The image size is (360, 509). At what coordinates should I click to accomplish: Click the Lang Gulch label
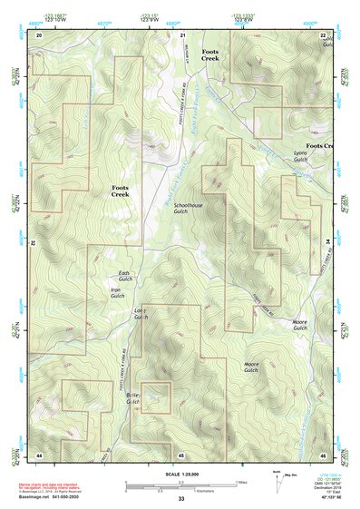pos(140,315)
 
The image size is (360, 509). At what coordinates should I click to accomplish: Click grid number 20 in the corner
pos(39,34)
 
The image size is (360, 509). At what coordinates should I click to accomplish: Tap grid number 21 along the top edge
pos(182,34)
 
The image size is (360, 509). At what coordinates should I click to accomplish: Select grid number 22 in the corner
pos(324,34)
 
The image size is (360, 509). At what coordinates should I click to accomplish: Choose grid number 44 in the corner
pos(39,454)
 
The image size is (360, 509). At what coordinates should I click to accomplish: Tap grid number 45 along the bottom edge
pos(181,454)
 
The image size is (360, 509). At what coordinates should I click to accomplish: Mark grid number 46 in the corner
pos(323,454)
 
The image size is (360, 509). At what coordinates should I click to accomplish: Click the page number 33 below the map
pos(181,499)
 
